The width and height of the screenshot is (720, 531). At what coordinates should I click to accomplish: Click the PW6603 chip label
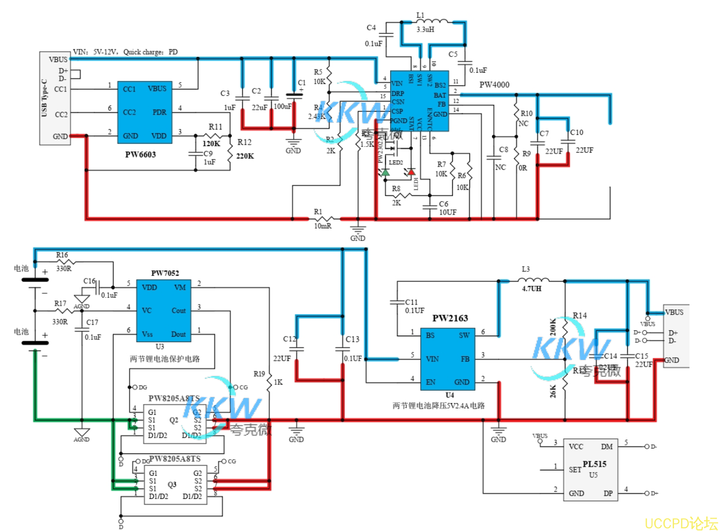(x=140, y=155)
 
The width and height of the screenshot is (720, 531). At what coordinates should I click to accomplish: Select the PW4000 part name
(x=494, y=85)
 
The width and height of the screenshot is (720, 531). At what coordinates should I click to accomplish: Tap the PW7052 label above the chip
(x=165, y=273)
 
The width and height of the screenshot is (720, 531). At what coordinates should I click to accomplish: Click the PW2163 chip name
(x=450, y=318)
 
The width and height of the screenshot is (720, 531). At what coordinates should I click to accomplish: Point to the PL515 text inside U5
(x=594, y=464)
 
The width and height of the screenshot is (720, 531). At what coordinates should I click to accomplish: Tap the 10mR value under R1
(x=322, y=226)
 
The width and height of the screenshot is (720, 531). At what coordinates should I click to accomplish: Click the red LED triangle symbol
(x=411, y=172)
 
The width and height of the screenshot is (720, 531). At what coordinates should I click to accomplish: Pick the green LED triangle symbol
(x=385, y=172)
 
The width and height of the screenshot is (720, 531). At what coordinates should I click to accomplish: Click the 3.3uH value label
(x=425, y=30)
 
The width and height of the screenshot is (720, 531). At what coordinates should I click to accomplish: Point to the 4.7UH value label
(x=532, y=289)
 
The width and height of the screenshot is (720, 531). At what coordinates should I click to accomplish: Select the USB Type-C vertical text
(x=44, y=98)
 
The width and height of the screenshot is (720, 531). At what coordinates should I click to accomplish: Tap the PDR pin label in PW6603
(x=159, y=112)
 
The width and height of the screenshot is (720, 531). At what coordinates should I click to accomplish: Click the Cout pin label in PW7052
(x=178, y=310)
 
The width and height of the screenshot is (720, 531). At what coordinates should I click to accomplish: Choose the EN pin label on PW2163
(x=430, y=382)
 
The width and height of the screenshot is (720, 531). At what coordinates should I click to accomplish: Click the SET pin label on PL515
(x=575, y=469)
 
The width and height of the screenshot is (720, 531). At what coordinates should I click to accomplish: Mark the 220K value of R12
(x=245, y=156)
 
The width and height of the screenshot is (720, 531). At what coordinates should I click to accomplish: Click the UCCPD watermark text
(x=681, y=523)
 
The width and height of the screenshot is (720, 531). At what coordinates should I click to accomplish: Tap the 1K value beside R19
(x=278, y=382)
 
